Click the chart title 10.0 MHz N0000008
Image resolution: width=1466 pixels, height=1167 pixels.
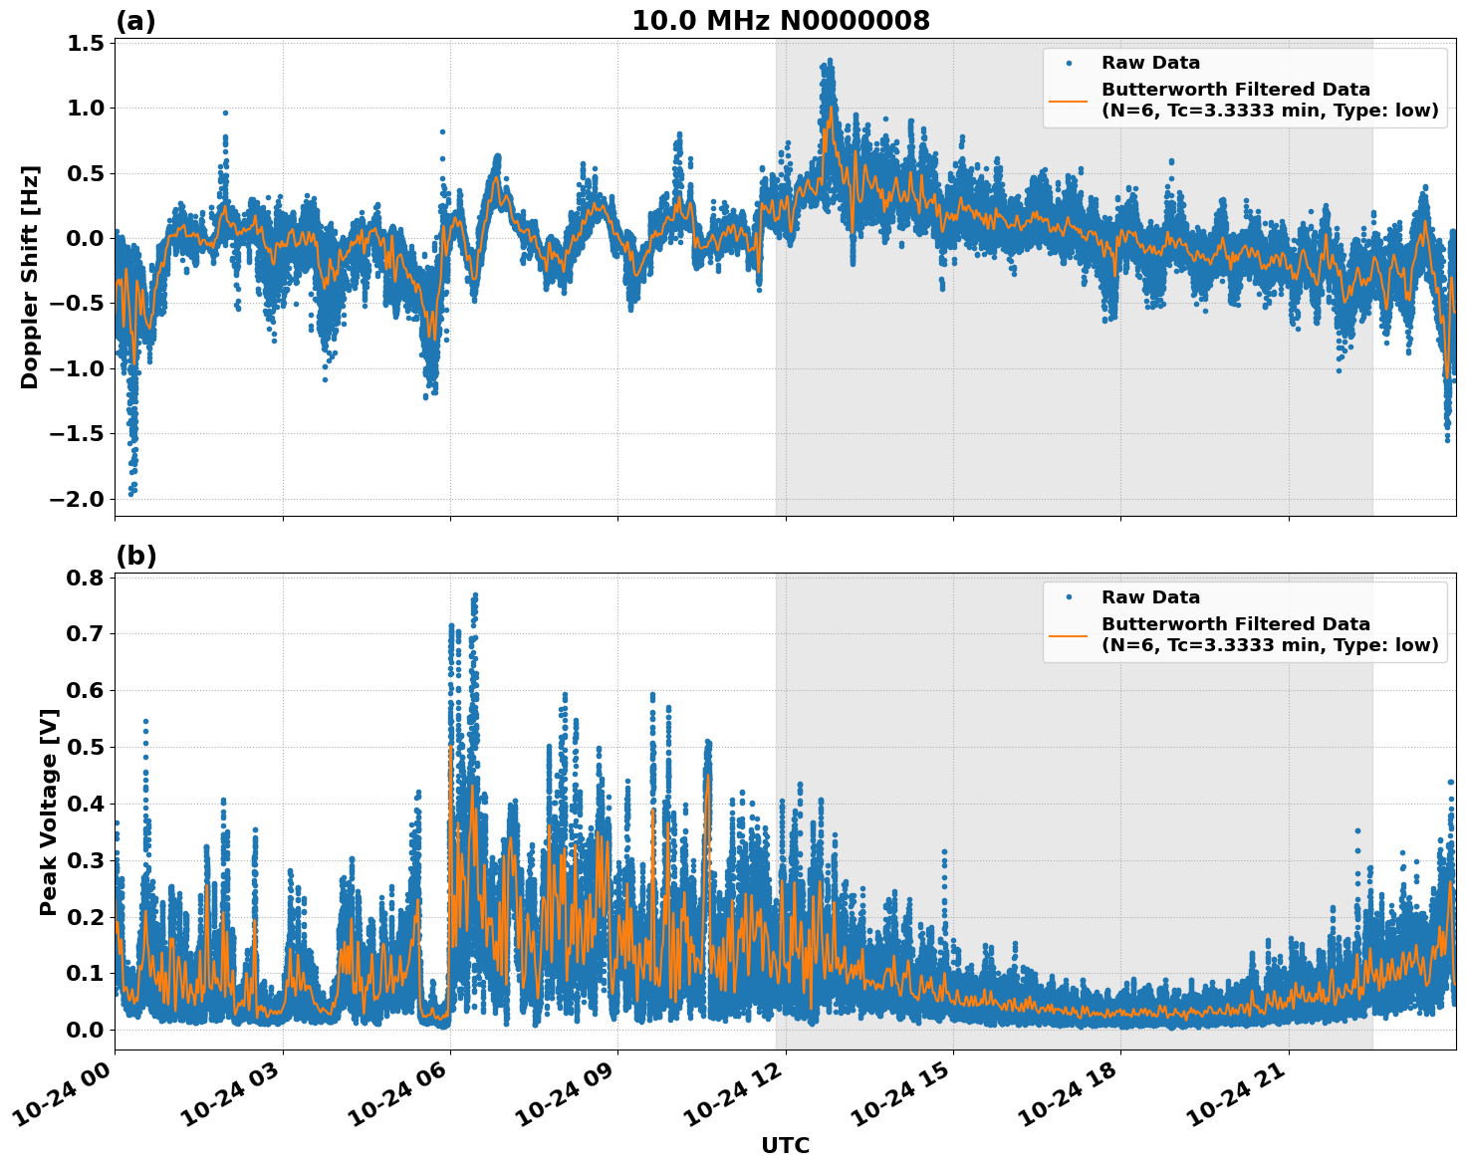[x=781, y=21]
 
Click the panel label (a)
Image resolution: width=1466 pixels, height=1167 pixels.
[x=135, y=21]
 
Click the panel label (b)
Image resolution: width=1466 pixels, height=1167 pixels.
[x=135, y=556]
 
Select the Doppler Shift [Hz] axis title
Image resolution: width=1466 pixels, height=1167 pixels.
[x=30, y=277]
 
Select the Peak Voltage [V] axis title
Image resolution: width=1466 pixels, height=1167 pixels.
[x=48, y=812]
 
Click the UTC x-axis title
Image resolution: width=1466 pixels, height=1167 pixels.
[x=785, y=1145]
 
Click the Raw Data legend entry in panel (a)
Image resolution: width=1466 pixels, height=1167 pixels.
[x=1150, y=63]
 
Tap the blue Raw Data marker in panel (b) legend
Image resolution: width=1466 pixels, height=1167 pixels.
[x=1069, y=597]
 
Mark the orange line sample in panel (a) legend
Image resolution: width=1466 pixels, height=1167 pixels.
[x=1069, y=101]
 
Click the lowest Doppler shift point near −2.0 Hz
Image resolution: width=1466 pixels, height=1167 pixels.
[x=130, y=493]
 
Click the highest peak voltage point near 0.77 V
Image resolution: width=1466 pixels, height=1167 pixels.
[x=475, y=595]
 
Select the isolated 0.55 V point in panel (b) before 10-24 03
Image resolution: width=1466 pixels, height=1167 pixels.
[x=145, y=721]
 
